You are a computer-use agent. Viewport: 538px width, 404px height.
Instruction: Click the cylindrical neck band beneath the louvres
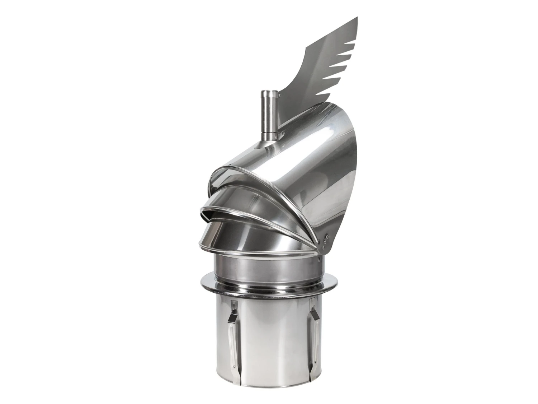pos(265,266)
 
